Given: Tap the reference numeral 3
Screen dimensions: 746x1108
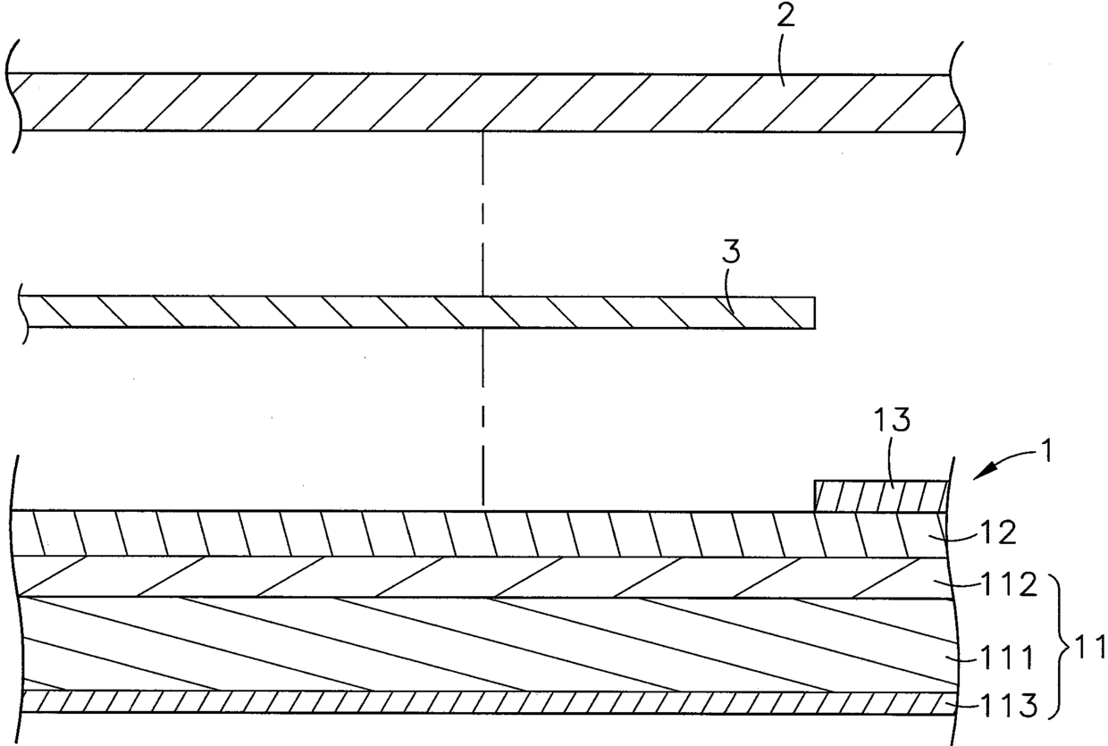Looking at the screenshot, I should [732, 253].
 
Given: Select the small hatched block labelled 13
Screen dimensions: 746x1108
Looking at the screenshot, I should [881, 496].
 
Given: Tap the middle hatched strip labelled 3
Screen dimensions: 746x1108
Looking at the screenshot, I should [357, 311].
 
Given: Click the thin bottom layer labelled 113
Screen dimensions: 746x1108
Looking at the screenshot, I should [447, 701].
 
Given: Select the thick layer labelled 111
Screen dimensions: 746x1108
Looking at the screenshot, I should [447, 643].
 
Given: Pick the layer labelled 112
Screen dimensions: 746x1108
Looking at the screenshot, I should [447, 576].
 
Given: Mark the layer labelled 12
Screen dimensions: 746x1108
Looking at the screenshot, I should [447, 533].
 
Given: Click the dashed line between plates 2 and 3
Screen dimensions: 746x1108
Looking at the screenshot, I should [483, 214].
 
